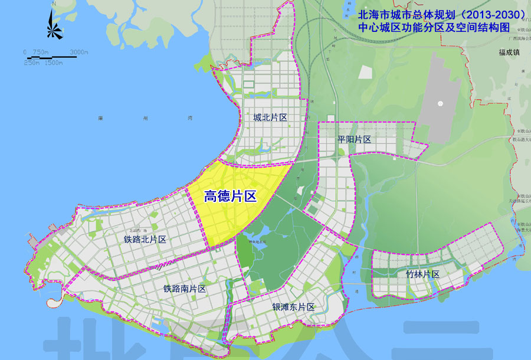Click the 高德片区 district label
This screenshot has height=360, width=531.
[x=230, y=197]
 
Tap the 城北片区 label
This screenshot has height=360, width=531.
[x=270, y=118]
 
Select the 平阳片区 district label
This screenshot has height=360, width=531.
[x=354, y=139]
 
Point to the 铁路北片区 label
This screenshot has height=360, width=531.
[x=145, y=240]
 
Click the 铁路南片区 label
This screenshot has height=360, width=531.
[x=185, y=289]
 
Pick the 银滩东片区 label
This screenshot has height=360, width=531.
[x=293, y=307]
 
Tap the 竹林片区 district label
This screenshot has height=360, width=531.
[x=423, y=274]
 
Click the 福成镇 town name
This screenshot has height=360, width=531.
[x=507, y=52]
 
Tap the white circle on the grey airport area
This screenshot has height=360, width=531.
[x=440, y=104]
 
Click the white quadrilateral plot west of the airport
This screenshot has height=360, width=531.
[x=366, y=72]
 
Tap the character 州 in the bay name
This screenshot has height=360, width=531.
[x=145, y=118]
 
